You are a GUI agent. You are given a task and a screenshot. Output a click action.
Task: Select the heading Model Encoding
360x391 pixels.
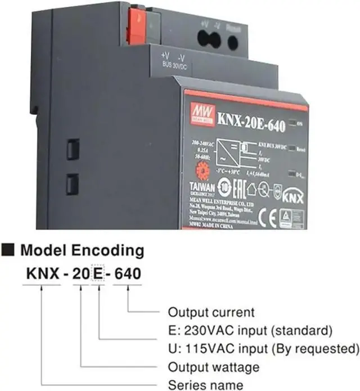pyautogui.click(x=83, y=250)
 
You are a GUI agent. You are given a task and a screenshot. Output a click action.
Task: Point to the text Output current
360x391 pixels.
pyautogui.click(x=211, y=312)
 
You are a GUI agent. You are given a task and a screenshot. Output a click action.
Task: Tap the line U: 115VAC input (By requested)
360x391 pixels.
pyautogui.click(x=263, y=346)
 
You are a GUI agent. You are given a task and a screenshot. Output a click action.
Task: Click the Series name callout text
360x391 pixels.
pyautogui.click(x=206, y=385)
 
